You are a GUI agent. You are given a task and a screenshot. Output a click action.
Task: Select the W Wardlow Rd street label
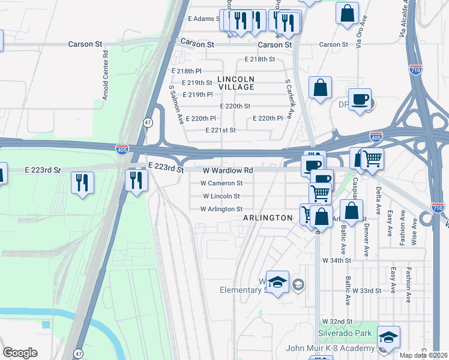228,170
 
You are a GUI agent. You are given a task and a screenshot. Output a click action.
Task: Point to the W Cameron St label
221,183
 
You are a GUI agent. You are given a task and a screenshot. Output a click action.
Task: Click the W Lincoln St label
221,196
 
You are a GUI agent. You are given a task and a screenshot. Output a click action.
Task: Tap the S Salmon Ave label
175,104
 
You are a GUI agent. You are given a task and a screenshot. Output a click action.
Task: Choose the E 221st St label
220,130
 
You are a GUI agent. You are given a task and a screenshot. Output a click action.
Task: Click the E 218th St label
259,59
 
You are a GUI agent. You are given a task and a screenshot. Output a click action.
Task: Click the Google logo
20,353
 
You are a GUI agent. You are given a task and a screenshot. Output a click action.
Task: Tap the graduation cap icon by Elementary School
278,283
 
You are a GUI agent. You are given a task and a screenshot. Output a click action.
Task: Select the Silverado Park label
345,333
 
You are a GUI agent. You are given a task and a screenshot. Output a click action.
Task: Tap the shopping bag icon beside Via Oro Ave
347,14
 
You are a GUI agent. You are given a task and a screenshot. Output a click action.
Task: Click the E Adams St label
204,19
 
